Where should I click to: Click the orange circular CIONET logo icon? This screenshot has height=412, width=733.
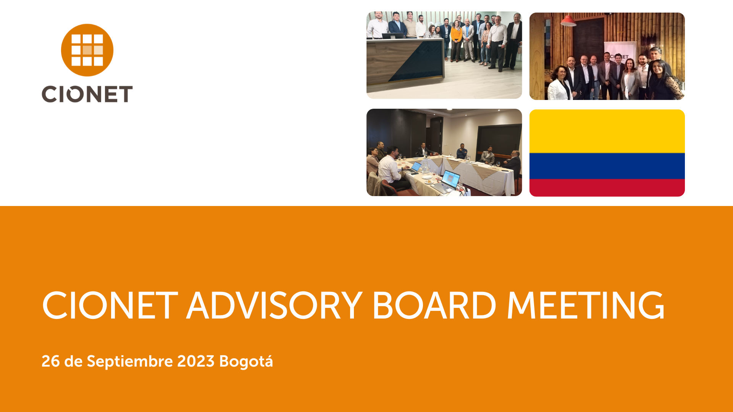point(87,50)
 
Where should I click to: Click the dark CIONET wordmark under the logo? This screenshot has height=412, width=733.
point(87,94)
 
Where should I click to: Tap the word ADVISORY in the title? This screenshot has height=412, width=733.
point(274,306)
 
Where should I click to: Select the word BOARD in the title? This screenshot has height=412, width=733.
point(434,306)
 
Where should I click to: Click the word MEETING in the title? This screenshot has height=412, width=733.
point(586,306)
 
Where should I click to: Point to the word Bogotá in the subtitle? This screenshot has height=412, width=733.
point(246,361)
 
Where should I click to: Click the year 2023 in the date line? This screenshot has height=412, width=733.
point(196,361)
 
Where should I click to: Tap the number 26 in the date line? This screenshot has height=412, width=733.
point(50,361)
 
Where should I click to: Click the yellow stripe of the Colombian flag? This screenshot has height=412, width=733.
point(607,131)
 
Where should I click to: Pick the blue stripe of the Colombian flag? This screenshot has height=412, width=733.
point(607,166)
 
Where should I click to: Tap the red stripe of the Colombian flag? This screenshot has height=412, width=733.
point(607,188)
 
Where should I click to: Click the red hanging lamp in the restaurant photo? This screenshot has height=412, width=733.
point(568,21)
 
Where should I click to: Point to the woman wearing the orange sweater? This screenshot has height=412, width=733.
point(456,40)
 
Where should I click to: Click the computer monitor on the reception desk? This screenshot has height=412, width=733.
point(393,35)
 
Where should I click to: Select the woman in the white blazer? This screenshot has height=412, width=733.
point(560,84)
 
